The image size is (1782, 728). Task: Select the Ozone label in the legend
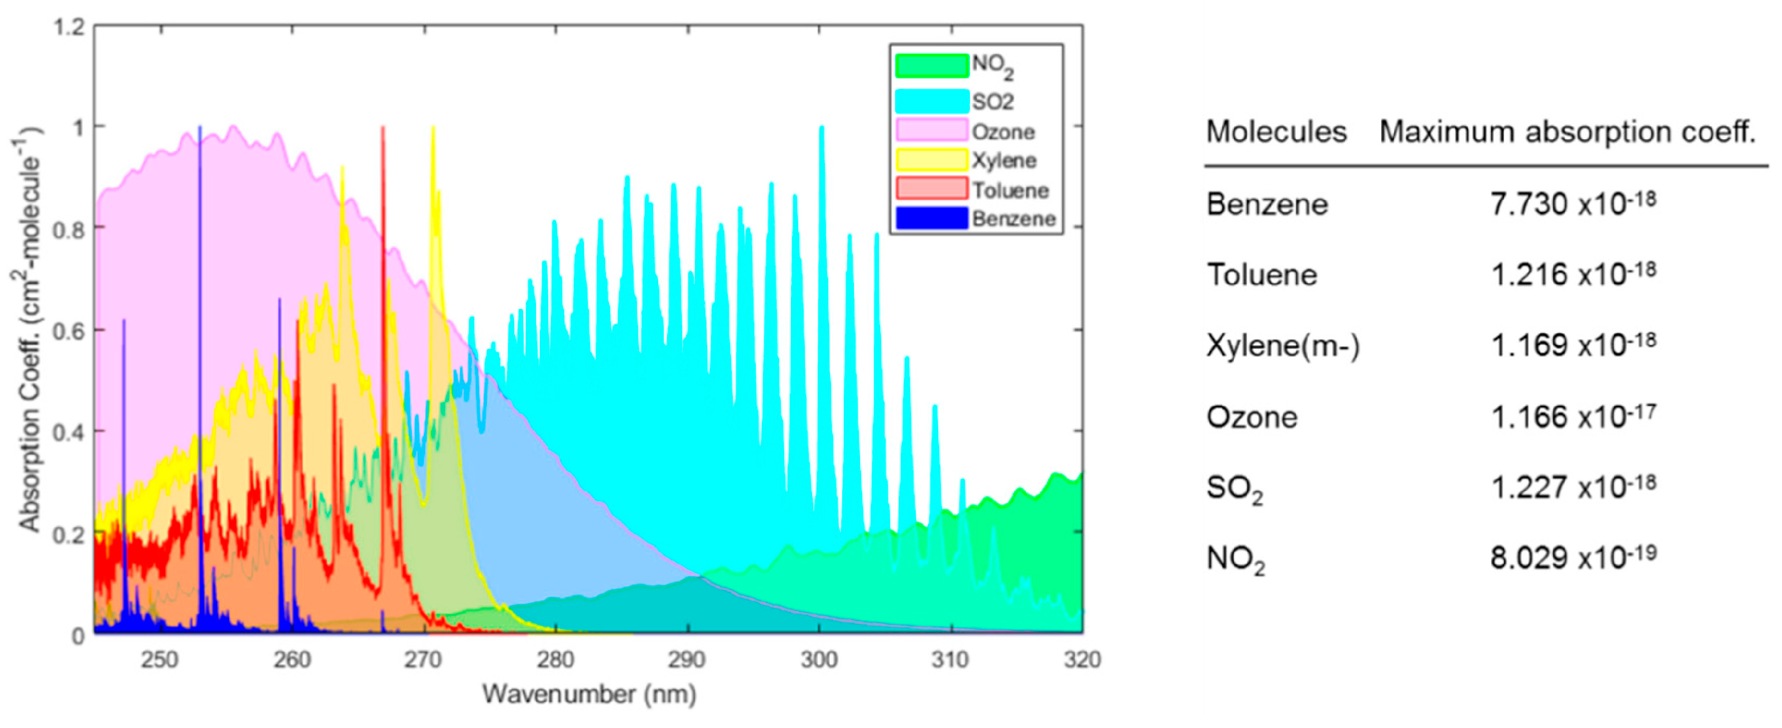coord(1003,132)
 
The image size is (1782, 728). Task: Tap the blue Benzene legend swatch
coord(931,218)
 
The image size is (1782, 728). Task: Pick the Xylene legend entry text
coord(1004,161)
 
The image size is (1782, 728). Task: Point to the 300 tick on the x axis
coord(820,659)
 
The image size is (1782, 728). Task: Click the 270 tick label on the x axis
coord(423,659)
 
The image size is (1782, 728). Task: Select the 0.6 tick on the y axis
coord(69,331)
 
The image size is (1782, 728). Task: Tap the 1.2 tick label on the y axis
coord(69,28)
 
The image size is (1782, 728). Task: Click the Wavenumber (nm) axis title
coord(588,694)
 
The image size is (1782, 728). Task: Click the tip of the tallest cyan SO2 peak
coord(821,128)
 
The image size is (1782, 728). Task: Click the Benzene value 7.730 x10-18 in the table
coord(1572,204)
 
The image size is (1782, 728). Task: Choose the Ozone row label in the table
coord(1252,417)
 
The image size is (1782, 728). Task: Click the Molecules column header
coord(1276,132)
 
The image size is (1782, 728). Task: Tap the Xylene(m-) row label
coord(1283,345)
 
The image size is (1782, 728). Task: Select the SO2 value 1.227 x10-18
coord(1572,486)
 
